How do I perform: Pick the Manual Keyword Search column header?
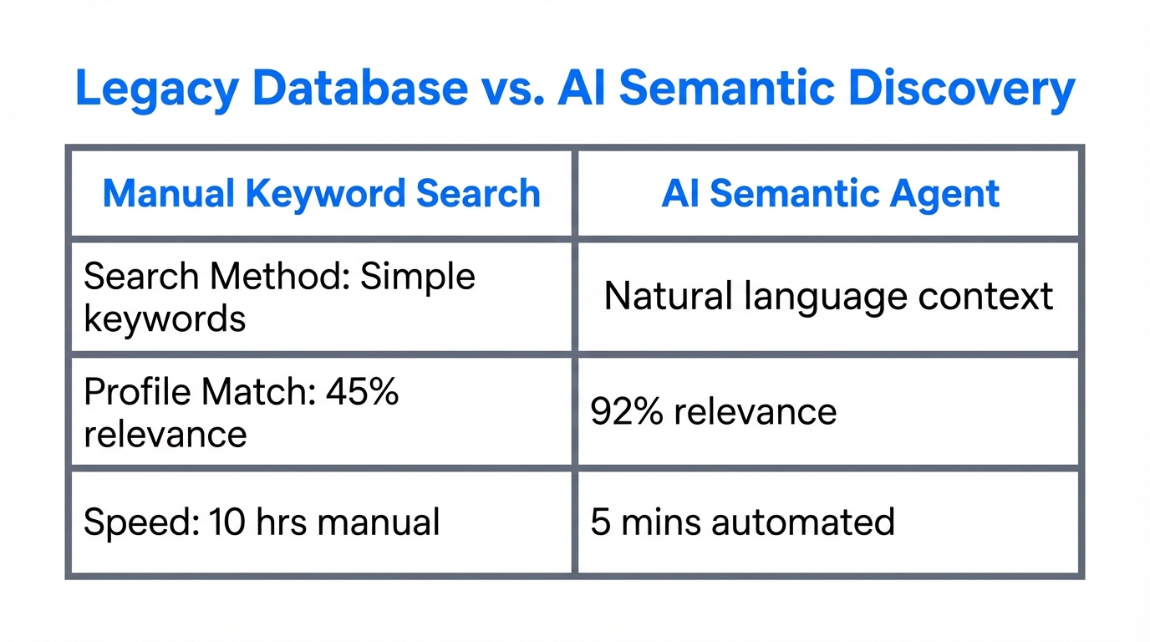pyautogui.click(x=322, y=194)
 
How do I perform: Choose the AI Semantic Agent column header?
pyautogui.click(x=830, y=194)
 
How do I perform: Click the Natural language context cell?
pyautogui.click(x=828, y=297)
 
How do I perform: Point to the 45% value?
pyautogui.click(x=368, y=391)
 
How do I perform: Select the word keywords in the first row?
pyautogui.click(x=165, y=318)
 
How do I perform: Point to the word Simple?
pyautogui.click(x=418, y=276)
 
